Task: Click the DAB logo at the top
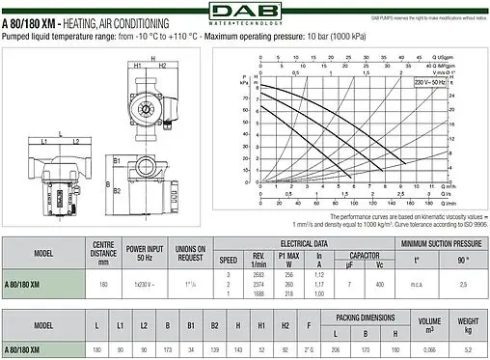click(x=245, y=13)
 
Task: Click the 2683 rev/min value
click(x=257, y=275)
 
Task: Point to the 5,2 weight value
click(x=469, y=348)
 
